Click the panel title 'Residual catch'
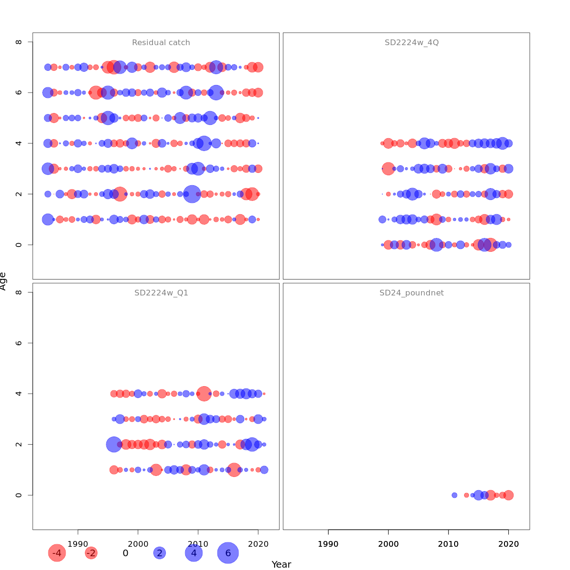(161, 43)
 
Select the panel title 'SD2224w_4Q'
(411, 43)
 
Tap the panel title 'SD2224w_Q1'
(161, 293)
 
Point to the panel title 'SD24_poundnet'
(411, 293)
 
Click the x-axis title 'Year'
(281, 564)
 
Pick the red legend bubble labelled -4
(57, 553)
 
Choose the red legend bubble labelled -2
(91, 553)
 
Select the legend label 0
(125, 553)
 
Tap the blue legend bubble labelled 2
(160, 553)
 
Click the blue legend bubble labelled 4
(194, 553)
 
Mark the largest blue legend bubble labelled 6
(228, 553)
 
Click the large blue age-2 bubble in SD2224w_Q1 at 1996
(114, 445)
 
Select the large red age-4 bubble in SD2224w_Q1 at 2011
(204, 394)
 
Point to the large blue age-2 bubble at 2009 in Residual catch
(192, 194)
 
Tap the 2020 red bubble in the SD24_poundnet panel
(508, 495)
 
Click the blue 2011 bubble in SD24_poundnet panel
(455, 495)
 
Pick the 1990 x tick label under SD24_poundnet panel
(328, 543)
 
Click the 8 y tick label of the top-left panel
(19, 42)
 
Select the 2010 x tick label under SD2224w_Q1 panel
(198, 543)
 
